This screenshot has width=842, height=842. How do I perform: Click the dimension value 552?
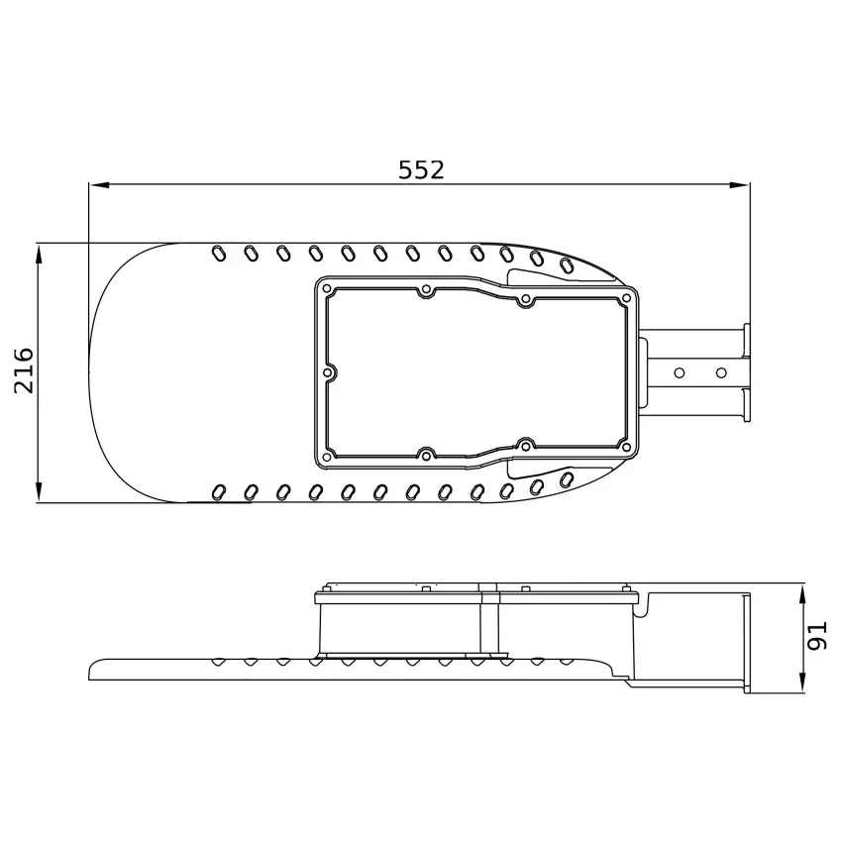click(x=421, y=169)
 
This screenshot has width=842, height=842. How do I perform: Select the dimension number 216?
click(x=24, y=370)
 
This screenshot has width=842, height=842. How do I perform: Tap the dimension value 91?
click(x=818, y=636)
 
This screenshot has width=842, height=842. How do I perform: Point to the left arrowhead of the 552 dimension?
click(x=100, y=184)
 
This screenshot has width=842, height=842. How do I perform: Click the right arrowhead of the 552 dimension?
click(x=739, y=184)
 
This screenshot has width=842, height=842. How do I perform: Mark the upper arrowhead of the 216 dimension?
click(x=39, y=254)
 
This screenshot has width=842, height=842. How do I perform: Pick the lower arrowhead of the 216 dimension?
click(x=39, y=492)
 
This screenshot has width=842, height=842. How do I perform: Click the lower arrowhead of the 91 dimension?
click(x=802, y=681)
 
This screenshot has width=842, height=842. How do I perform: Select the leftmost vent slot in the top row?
click(x=219, y=253)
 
